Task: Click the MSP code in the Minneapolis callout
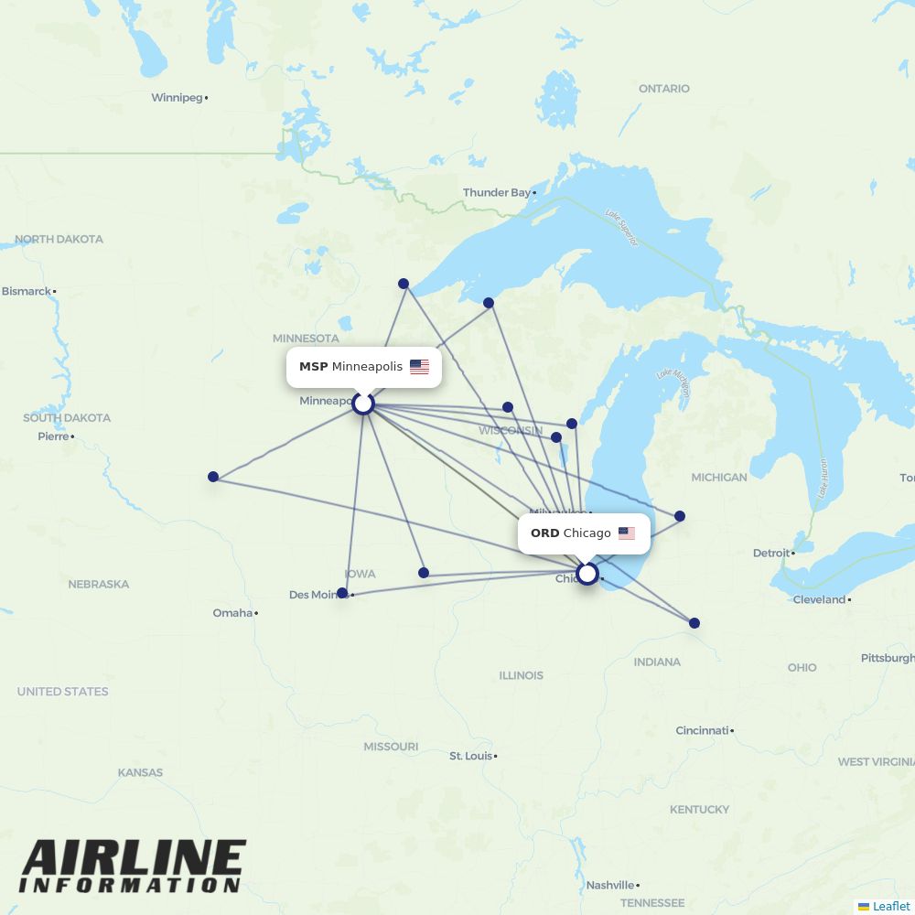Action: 313,367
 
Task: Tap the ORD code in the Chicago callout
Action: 544,533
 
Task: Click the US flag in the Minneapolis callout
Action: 419,367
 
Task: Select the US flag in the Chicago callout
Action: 626,533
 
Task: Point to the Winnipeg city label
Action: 177,97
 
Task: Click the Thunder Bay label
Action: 496,192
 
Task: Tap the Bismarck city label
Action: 27,291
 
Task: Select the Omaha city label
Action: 232,612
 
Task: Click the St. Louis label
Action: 470,756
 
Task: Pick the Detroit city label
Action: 770,553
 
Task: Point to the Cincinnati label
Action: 702,730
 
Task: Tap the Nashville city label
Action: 609,885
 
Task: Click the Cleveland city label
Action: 819,599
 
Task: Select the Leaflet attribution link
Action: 890,906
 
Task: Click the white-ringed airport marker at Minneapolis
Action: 363,403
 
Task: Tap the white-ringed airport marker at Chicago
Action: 587,574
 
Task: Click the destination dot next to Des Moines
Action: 342,593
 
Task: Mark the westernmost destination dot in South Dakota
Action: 213,477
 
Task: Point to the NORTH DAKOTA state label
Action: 59,239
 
